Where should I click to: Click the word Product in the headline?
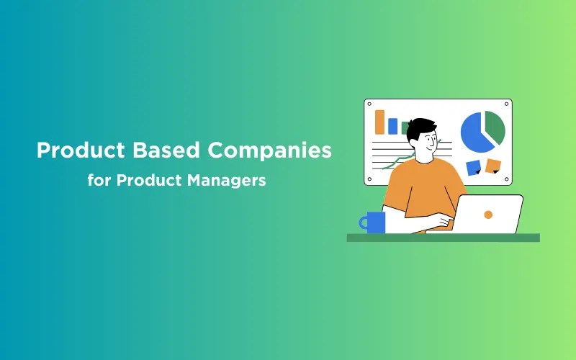click(81, 150)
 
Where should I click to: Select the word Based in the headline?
click(166, 150)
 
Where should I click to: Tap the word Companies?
click(269, 150)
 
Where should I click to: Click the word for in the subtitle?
click(99, 180)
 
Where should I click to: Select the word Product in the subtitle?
click(149, 180)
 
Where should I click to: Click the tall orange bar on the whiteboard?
click(380, 122)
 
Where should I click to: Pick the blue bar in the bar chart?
click(392, 126)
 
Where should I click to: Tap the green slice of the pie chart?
click(495, 127)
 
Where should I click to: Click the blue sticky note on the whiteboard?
click(474, 168)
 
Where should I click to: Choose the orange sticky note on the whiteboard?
click(493, 166)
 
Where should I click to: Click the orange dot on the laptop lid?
click(488, 215)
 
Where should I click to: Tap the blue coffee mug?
click(375, 222)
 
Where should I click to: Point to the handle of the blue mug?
click(363, 222)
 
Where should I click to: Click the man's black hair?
click(420, 127)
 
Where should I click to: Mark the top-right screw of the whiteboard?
click(506, 104)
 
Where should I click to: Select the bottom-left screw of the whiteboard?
click(369, 179)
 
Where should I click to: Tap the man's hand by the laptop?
click(444, 220)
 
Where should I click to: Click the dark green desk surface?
click(444, 238)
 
